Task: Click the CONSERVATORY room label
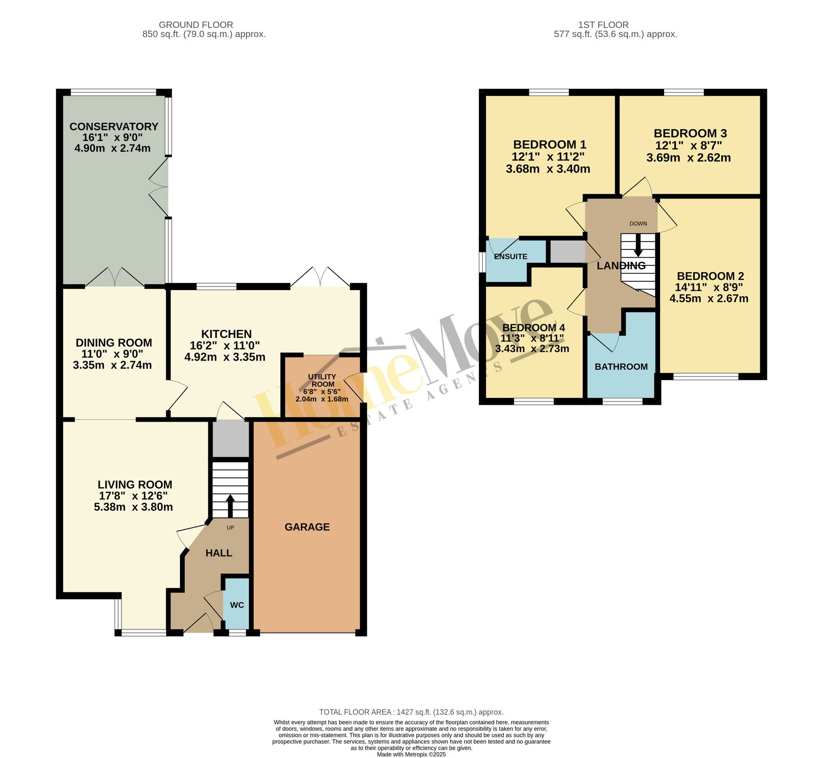coord(114,127)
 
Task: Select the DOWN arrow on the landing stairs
coord(638,245)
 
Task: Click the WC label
coord(237,605)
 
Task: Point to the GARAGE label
coord(307,527)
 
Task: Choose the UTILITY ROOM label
coord(323,381)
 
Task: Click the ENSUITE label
coord(511,257)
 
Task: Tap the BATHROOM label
coord(621,367)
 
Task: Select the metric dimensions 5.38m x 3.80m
coord(133,507)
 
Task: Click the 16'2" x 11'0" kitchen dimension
coord(225,346)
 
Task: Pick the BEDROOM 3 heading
coord(690,134)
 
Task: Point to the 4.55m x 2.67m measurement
coord(709,298)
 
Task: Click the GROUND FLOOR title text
coord(196,25)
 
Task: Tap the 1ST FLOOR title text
coord(603,25)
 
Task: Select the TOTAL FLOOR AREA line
coord(411,712)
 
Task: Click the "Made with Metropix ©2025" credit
coord(411,755)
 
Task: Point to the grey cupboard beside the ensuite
coord(567,252)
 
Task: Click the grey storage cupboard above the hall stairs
coord(230,439)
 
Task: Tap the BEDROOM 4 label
coord(533,328)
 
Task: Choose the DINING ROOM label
coord(114,343)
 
